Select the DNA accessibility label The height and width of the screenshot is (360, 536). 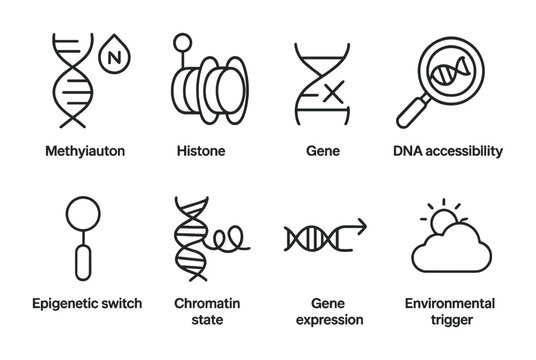[x=446, y=151]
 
